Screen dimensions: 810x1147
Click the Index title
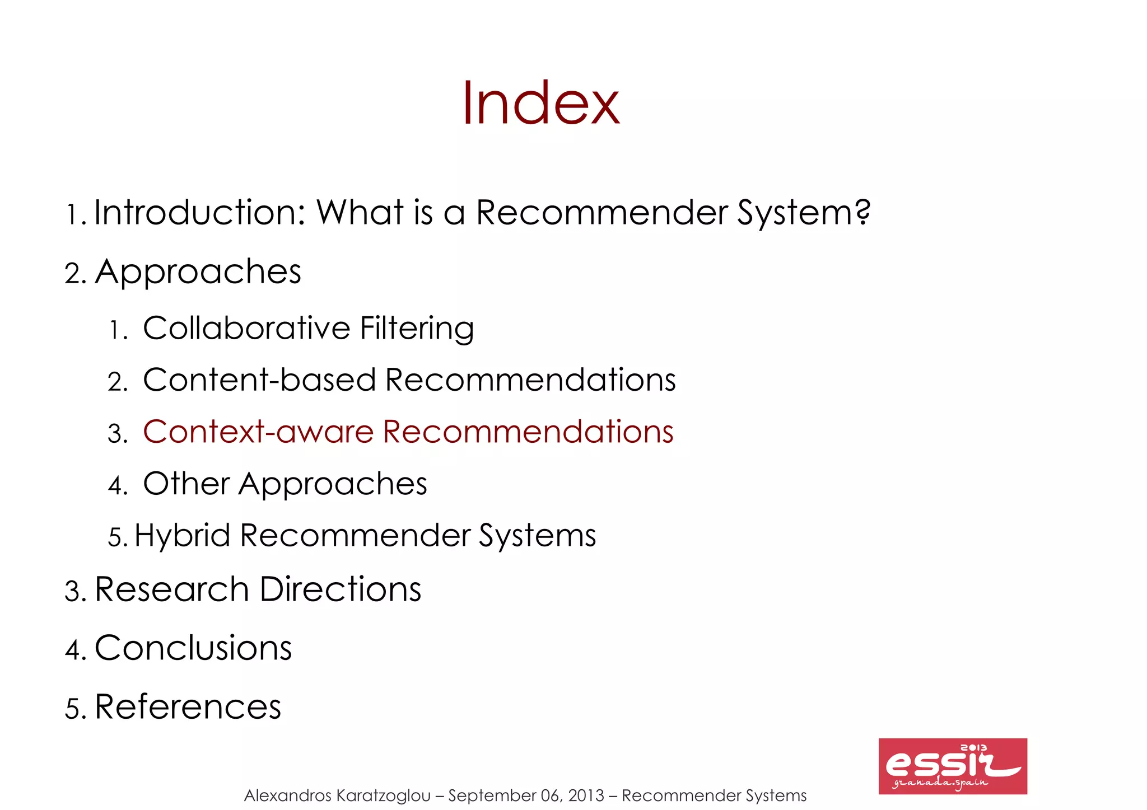[540, 104]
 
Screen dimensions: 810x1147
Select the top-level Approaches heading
[198, 273]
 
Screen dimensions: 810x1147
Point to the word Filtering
[417, 329]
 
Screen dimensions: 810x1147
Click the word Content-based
[259, 380]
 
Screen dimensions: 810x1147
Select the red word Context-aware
[258, 432]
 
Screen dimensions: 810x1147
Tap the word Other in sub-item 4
[186, 483]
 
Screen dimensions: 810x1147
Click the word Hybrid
[183, 536]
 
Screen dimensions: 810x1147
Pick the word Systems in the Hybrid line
[537, 536]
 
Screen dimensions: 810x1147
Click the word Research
[171, 589]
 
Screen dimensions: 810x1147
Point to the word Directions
[340, 589]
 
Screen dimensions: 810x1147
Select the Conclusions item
[193, 648]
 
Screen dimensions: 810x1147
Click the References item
[188, 706]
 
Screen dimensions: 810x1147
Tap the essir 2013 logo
[952, 766]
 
